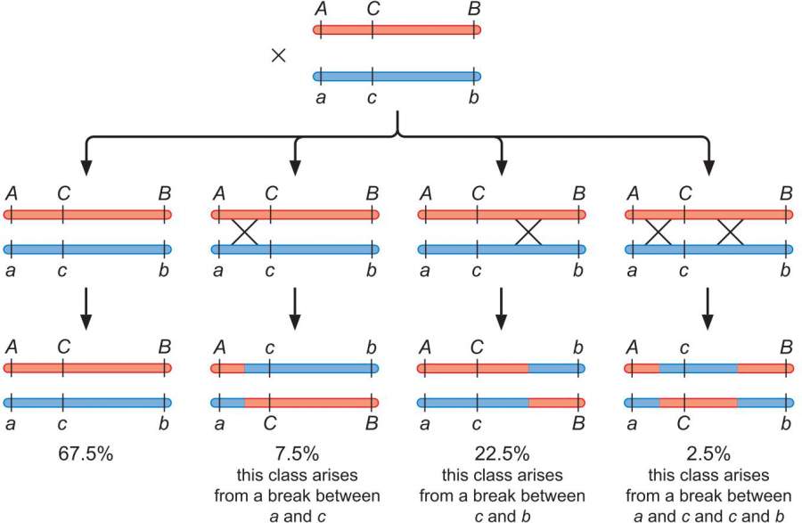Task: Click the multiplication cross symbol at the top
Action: point(278,55)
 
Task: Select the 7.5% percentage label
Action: point(294,453)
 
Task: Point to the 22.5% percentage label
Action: point(501,453)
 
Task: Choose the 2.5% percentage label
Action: point(708,453)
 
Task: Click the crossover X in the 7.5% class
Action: point(243,233)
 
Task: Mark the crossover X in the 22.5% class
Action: point(528,233)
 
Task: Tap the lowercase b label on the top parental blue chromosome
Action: point(473,97)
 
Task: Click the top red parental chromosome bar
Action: point(397,30)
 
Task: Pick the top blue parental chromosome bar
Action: point(397,76)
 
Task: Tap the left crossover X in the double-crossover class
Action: point(658,233)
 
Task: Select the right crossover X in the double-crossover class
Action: point(730,233)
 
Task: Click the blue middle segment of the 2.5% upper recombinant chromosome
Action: point(698,367)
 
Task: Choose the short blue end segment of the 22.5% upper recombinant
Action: point(556,367)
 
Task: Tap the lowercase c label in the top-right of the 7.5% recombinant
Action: point(267,345)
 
